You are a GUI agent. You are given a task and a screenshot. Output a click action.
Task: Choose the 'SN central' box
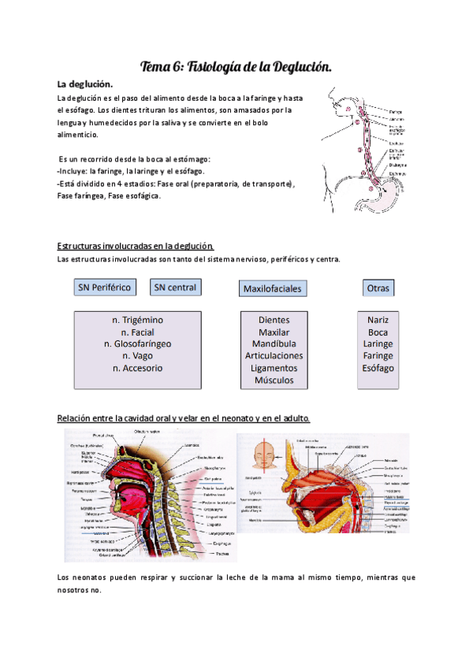click(x=175, y=288)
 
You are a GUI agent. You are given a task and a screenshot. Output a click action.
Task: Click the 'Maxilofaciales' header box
click(x=273, y=289)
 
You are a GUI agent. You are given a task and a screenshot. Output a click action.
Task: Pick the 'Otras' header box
click(x=378, y=288)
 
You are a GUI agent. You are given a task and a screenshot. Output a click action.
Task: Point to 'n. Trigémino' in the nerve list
click(x=138, y=320)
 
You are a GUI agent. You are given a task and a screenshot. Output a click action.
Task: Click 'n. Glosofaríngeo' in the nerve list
click(x=138, y=343)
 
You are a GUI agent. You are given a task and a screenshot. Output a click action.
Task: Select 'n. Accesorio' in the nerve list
click(x=138, y=368)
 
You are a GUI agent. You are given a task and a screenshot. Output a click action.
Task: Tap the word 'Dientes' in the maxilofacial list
click(x=274, y=320)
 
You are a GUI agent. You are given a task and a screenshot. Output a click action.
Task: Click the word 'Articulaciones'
click(x=274, y=356)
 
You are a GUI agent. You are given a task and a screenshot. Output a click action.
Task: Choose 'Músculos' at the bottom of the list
click(x=274, y=380)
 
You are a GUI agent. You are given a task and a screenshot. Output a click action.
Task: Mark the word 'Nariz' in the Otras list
click(x=378, y=320)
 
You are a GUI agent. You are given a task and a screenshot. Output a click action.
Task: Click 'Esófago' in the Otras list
click(x=378, y=368)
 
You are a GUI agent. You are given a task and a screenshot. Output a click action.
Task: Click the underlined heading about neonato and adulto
click(x=184, y=417)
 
